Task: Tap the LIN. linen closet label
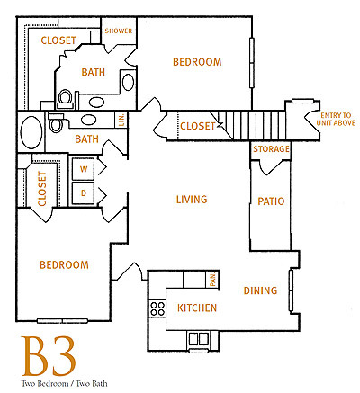tap(123, 120)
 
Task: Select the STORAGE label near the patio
tap(271, 149)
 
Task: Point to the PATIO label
tap(271, 201)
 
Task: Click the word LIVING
tap(191, 200)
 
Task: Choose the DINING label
tap(260, 290)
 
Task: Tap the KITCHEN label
tap(197, 308)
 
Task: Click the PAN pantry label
tap(212, 282)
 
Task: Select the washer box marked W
tap(85, 168)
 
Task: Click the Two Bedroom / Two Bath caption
tap(49, 384)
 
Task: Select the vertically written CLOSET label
tap(41, 190)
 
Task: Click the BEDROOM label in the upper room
tap(197, 62)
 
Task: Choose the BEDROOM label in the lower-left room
tap(64, 265)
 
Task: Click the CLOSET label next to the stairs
tap(198, 127)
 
